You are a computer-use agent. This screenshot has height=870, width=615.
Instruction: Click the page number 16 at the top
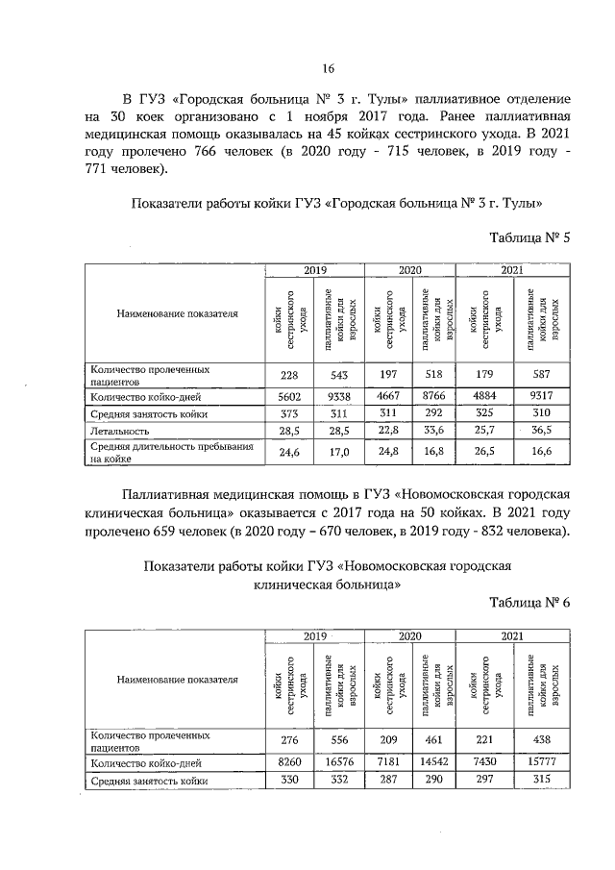coord(327,68)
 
